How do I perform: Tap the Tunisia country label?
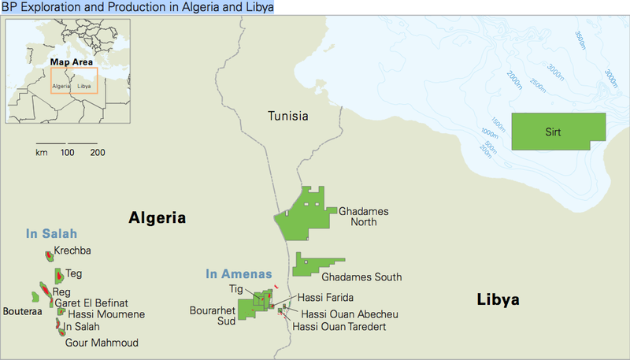tap(287, 117)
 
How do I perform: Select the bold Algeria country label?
tap(157, 218)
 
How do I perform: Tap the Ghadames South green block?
tap(315, 264)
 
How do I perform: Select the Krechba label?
tap(72, 251)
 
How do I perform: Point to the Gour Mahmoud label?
tap(101, 343)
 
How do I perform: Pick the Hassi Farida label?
tap(325, 299)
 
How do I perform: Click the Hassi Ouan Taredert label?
tap(339, 326)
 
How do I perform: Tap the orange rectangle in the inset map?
tap(74, 81)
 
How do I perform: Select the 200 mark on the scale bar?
tap(97, 152)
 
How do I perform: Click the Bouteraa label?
tap(21, 312)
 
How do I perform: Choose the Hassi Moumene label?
tap(101, 314)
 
